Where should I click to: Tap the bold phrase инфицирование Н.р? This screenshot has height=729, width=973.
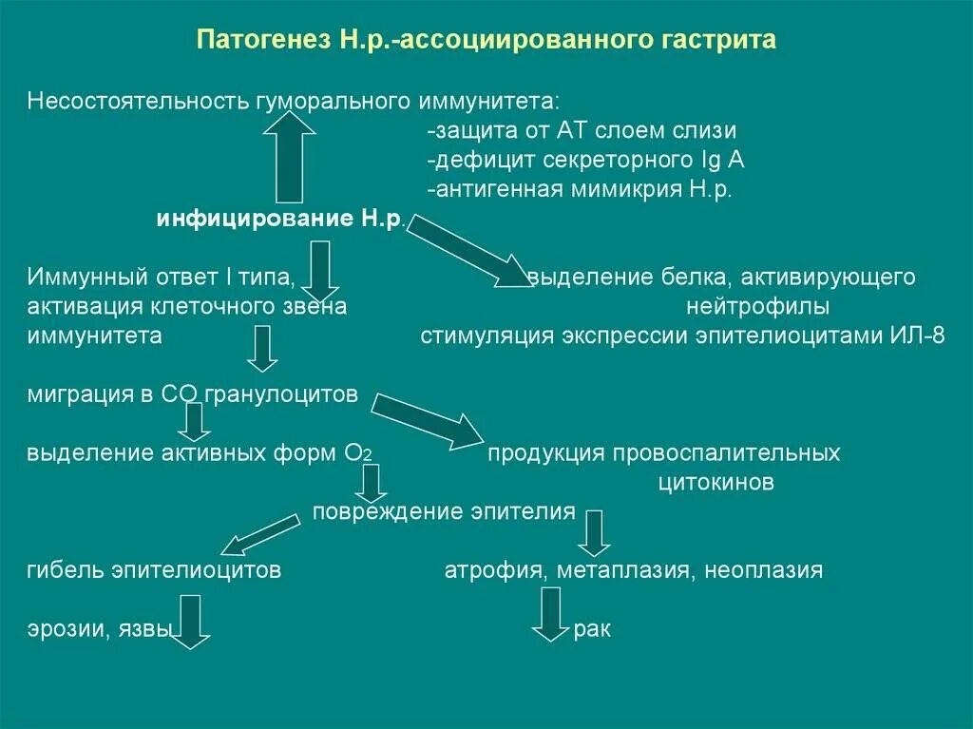[x=281, y=220]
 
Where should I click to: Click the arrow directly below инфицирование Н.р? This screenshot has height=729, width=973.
[x=321, y=271]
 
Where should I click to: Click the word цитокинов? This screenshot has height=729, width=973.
[x=715, y=482]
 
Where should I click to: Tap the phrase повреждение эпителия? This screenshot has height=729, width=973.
[x=444, y=511]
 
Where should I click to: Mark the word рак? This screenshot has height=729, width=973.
[x=592, y=629]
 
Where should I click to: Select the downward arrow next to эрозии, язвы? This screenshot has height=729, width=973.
[x=191, y=621]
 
